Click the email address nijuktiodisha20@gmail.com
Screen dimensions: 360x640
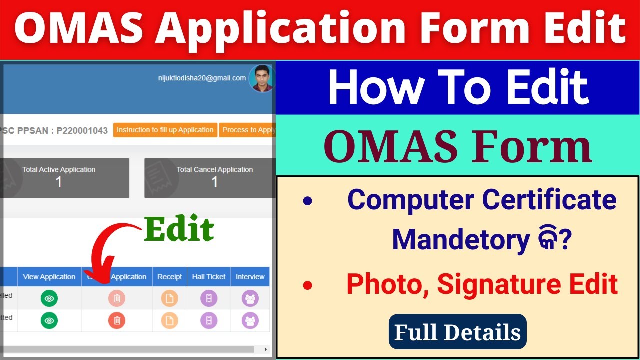coord(202,78)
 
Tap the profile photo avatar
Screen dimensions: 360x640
coord(262,79)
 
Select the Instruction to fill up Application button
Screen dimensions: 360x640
coord(165,130)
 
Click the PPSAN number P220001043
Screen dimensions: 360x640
coord(82,130)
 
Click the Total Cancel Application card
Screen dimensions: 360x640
coord(210,178)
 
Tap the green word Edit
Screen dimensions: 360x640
coord(179,230)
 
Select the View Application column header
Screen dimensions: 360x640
coord(49,277)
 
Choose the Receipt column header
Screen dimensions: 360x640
coord(169,277)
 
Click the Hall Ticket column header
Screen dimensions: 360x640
coord(209,277)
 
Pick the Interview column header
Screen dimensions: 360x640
coord(250,277)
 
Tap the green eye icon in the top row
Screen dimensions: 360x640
coord(49,299)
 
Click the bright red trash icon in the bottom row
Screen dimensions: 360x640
coord(117,320)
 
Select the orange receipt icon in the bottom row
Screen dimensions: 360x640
coord(169,320)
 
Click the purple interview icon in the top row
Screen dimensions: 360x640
coord(250,299)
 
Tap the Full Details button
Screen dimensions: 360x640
coord(457,332)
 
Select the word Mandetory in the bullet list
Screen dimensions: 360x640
coord(460,240)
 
